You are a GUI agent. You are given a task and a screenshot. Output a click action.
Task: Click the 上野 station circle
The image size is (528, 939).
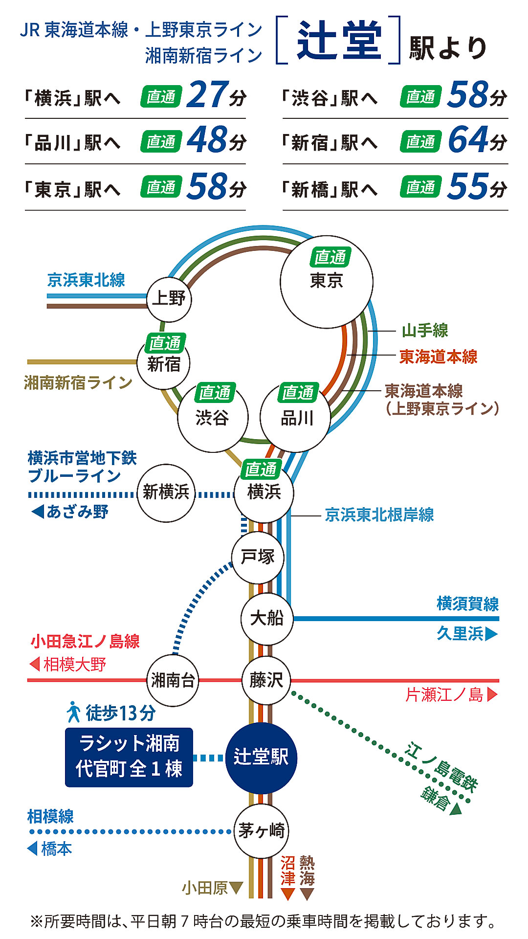169,299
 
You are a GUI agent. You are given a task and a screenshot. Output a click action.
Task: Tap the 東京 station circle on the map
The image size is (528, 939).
326,282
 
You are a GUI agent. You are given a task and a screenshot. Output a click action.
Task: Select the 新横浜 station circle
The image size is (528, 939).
166,492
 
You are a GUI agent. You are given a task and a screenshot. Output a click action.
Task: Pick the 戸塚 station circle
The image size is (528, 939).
258,558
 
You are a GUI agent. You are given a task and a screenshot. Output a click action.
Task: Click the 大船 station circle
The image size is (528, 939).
266,618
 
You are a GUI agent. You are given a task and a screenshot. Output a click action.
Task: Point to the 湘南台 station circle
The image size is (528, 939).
173,680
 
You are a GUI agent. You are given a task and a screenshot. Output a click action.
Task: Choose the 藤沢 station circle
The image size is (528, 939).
266,680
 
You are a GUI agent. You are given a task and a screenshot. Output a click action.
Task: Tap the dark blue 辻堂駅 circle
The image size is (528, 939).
261,758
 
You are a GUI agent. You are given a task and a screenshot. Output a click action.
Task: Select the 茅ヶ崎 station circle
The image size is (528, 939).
261,830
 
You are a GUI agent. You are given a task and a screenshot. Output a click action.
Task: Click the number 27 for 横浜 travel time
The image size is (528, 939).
207,95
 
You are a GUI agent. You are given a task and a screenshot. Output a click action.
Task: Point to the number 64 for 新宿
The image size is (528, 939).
468,140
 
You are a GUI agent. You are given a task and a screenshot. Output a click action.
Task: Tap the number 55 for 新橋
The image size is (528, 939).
468,186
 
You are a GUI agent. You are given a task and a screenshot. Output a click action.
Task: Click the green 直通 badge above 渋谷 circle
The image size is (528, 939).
215,392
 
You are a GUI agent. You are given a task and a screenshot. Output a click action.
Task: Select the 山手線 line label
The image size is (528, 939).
425,331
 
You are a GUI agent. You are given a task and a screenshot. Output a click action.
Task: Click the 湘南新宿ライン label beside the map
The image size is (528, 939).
78,382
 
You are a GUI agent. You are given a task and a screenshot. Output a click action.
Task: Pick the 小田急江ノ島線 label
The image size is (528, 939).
85,641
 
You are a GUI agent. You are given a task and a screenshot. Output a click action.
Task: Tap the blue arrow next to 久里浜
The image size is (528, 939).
491,634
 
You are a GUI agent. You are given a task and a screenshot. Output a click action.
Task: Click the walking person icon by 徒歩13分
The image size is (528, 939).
73,712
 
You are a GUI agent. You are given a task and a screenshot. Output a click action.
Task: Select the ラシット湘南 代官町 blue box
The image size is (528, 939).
129,757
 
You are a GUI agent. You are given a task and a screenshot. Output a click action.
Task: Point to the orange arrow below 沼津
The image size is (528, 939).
288,894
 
